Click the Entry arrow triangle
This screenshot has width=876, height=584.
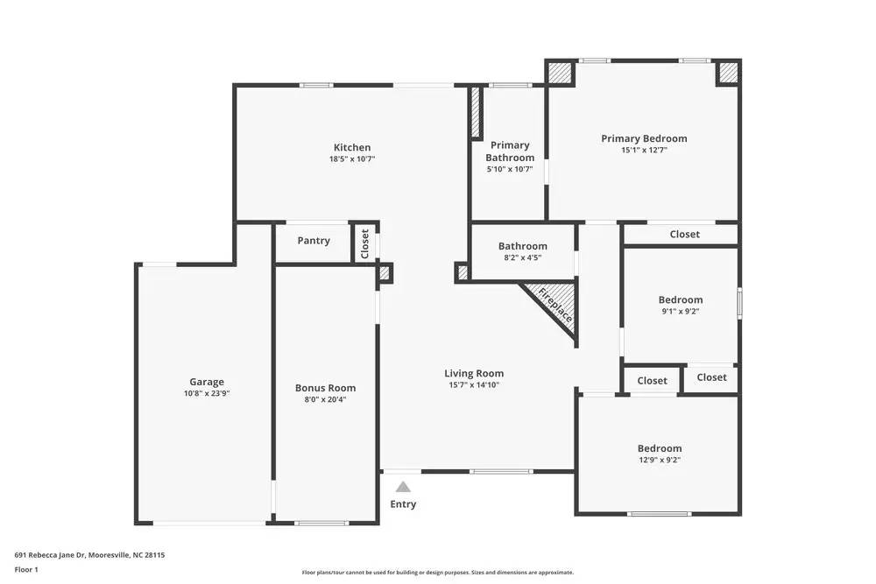coord(403,487)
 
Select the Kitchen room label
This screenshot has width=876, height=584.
coord(352,147)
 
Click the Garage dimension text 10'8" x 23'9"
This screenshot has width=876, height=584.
coord(207,394)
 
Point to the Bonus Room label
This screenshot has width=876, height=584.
coord(325,388)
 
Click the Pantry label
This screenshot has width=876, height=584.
coord(314,241)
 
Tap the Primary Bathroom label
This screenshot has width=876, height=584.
coord(510,151)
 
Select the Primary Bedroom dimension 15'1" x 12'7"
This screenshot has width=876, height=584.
coord(644,151)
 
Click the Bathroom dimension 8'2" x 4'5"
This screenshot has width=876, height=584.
coord(523,258)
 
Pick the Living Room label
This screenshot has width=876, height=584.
coord(474,373)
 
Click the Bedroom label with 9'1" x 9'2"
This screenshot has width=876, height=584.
coord(681,299)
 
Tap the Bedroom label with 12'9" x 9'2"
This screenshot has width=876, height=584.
coord(660,448)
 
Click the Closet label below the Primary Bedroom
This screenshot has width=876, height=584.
coord(685,234)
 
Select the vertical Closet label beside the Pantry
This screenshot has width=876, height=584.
coord(365,243)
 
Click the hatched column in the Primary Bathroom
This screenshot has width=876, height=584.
coord(476,112)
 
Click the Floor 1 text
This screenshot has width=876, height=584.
coord(26,569)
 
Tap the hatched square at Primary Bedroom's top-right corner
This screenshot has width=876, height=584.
coord(729,73)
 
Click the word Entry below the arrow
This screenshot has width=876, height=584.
coord(403,504)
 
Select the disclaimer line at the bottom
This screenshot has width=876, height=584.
coord(438,573)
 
